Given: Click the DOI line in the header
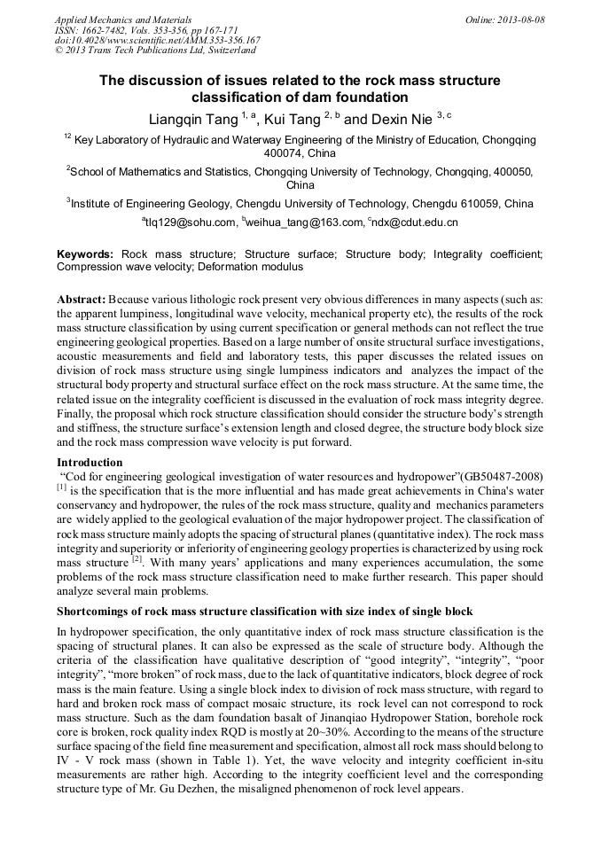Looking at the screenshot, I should click(158, 40).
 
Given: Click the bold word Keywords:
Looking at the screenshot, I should click(85, 253).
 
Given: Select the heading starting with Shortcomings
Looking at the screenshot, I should click(265, 612).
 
